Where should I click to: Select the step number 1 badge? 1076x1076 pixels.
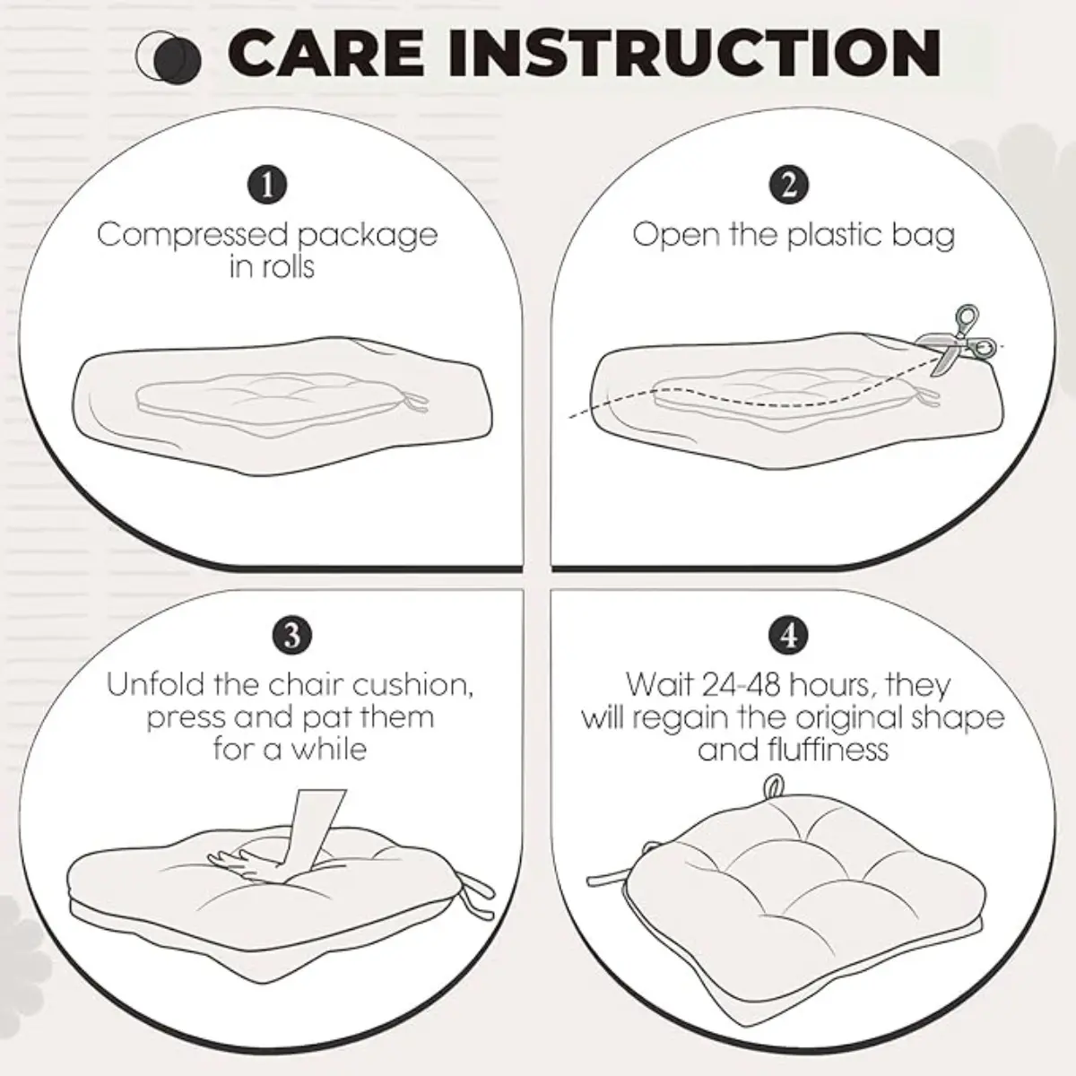pos(267,185)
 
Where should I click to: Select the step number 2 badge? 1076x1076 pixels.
pos(788,185)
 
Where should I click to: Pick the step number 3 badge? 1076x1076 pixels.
pos(292,636)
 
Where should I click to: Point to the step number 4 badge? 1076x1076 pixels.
pos(788,636)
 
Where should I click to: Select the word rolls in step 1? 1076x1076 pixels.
pos(287,266)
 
